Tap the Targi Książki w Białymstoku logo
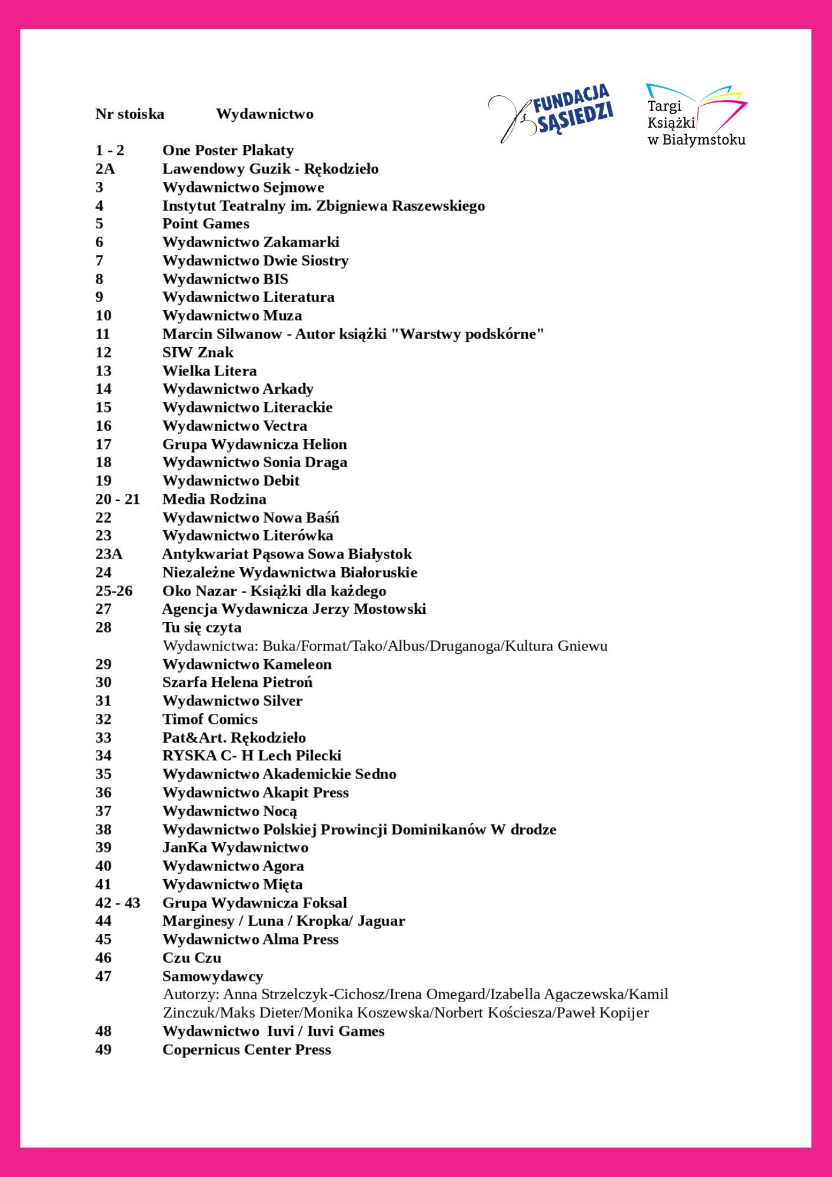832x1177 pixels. [x=696, y=115]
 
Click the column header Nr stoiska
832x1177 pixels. [x=129, y=114]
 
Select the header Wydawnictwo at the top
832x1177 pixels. [x=264, y=114]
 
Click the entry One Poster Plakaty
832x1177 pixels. [x=228, y=151]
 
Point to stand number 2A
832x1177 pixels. [x=105, y=169]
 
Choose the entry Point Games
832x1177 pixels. [x=205, y=224]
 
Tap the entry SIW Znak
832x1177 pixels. [x=198, y=353]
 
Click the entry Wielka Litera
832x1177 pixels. [x=209, y=371]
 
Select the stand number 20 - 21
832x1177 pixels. [x=118, y=499]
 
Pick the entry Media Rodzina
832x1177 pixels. [x=214, y=499]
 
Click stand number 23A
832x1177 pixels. [x=109, y=554]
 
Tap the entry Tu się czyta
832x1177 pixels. [x=202, y=627]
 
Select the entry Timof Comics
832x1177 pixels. [x=209, y=719]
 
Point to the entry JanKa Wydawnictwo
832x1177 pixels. [x=235, y=847]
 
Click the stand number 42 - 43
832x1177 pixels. [x=118, y=903]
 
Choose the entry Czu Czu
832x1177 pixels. [x=192, y=957]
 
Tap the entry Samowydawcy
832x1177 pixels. [x=212, y=976]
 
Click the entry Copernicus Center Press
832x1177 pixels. [x=247, y=1049]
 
